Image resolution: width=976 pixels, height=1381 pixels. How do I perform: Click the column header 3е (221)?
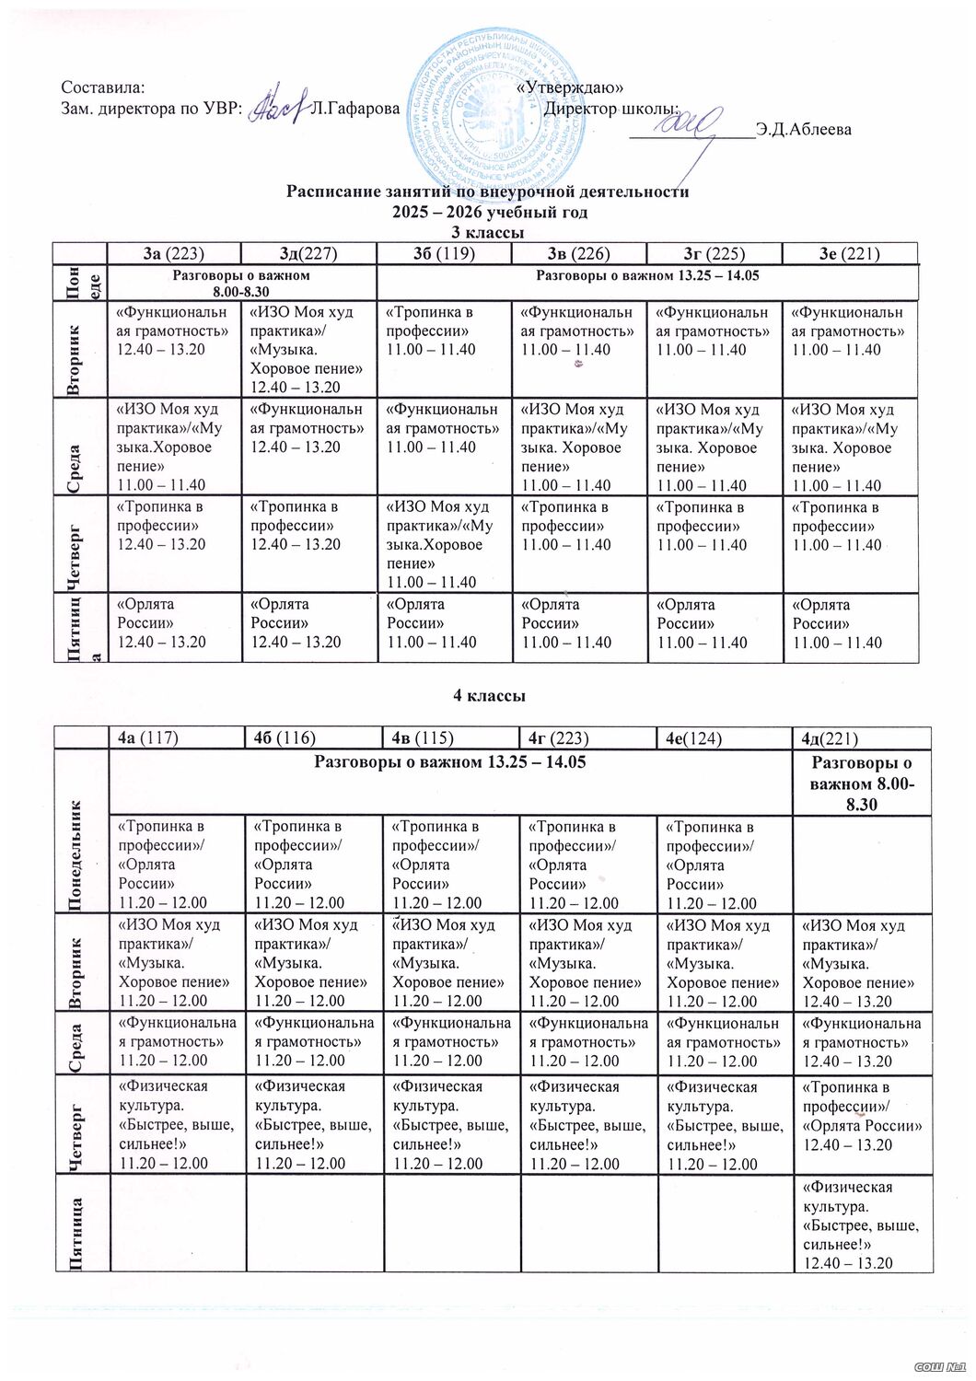point(850,253)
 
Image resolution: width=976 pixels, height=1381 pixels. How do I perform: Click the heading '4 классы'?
point(488,696)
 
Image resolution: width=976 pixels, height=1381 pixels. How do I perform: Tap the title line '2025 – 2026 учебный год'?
point(488,211)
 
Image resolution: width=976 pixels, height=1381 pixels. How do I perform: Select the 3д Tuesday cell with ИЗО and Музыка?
point(309,349)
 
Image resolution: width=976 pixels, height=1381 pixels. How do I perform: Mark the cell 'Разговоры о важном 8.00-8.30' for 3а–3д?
point(242,282)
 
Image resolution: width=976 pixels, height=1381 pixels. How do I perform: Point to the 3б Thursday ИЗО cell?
point(445,543)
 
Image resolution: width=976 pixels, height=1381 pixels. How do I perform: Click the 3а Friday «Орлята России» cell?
point(174,623)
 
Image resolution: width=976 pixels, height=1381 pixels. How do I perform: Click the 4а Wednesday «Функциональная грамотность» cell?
point(174,1041)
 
